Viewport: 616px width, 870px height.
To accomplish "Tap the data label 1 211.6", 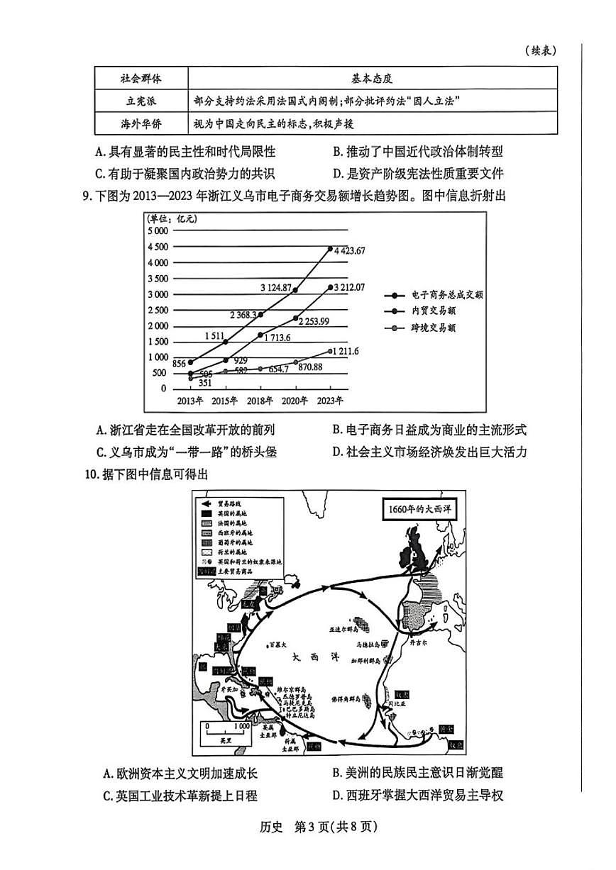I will coord(347,351).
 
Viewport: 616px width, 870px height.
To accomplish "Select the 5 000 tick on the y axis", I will coord(157,231).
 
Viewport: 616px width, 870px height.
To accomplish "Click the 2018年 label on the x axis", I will coord(260,401).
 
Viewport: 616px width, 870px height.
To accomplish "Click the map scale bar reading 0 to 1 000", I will coord(226,729).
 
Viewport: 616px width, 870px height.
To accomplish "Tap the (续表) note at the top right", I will coord(541,50).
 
